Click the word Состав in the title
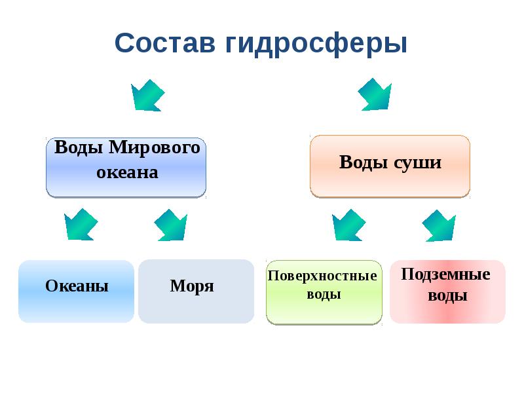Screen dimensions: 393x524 [x=166, y=44]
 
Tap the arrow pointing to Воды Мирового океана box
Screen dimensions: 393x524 [x=147, y=96]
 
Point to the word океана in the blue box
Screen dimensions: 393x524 [x=127, y=172]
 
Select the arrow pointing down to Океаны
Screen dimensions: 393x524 [x=81, y=225]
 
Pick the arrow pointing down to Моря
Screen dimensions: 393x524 [x=171, y=225]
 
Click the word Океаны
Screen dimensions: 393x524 [x=77, y=286]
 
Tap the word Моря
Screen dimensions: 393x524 [x=192, y=286]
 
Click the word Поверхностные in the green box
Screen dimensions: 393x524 [x=323, y=276]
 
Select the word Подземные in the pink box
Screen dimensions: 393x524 [x=445, y=274]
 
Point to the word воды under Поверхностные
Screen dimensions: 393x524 [x=324, y=294]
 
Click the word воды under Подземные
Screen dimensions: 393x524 [x=447, y=295]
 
